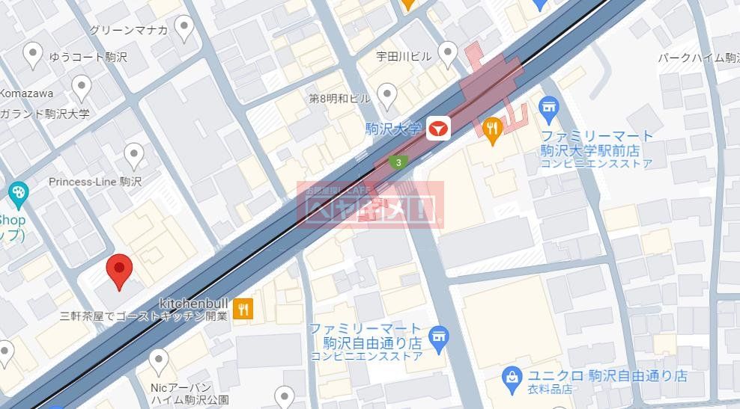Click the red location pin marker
point(118,269)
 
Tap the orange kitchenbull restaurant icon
point(243,307)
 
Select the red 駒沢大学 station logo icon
point(438,130)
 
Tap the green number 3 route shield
point(399,162)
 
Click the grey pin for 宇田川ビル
point(447,53)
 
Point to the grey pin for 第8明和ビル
point(386,94)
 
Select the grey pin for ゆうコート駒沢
point(33,53)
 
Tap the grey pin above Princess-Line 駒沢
point(134,155)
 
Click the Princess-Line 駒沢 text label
point(94,182)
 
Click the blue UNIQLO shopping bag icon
point(512,376)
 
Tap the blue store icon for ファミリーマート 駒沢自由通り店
point(439,336)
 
